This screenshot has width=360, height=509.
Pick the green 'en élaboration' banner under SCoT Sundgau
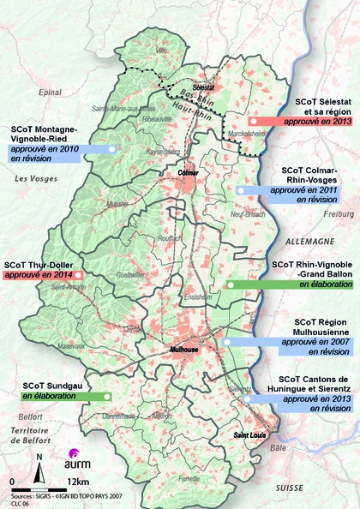(64, 397)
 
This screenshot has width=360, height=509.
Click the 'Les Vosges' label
(33, 177)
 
